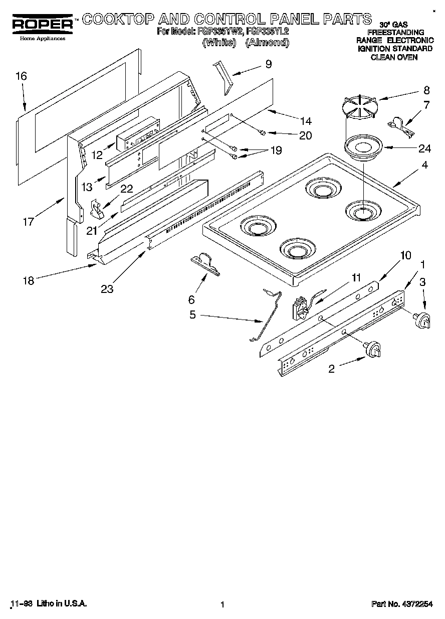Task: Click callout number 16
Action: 21,76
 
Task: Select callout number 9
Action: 269,64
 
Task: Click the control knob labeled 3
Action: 422,320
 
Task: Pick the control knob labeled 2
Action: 373,350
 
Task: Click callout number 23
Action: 107,288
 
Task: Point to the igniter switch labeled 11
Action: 302,308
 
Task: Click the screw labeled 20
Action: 262,132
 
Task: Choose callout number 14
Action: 305,121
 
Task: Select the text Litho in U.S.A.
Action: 62,604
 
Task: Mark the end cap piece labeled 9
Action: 222,76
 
